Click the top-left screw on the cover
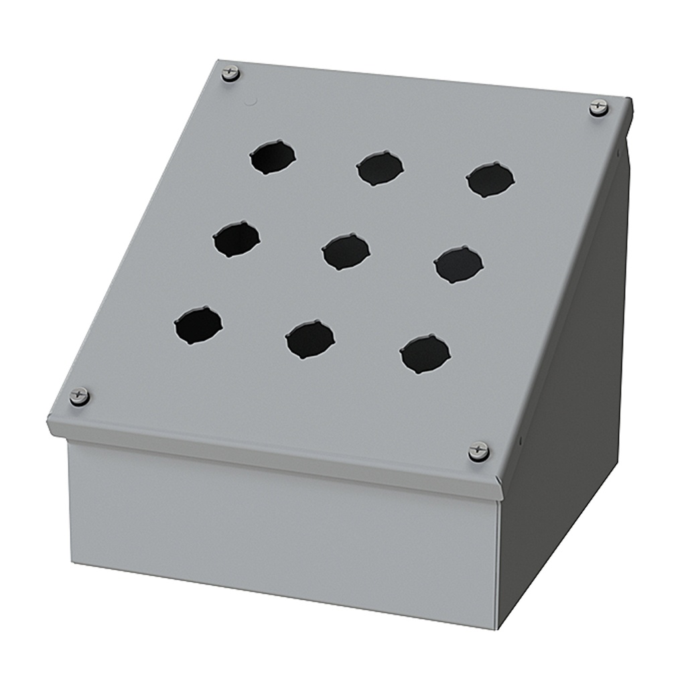point(230,73)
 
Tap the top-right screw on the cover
point(599,107)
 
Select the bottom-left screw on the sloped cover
point(80,396)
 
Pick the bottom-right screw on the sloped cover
point(478,451)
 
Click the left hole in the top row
point(273,157)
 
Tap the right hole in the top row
point(490,180)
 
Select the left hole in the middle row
point(236,239)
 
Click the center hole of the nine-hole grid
point(346,251)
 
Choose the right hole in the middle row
point(458,265)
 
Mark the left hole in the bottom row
point(198,325)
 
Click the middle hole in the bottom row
point(310,339)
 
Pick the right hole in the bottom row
point(425,354)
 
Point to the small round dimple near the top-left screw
point(252,102)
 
